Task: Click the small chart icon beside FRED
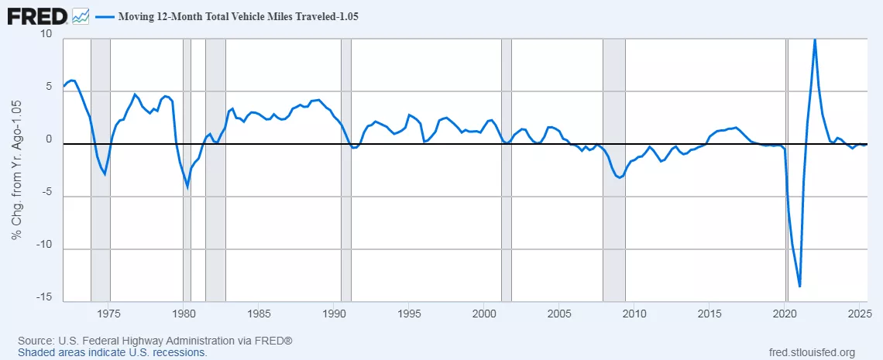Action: [80, 15]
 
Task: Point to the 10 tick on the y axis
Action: [46, 35]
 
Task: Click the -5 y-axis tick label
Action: [46, 193]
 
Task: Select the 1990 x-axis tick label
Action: [334, 314]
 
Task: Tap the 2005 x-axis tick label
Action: [559, 314]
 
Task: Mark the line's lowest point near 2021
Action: [799, 286]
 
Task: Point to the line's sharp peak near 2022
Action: [815, 39]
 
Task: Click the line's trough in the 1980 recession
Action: [187, 187]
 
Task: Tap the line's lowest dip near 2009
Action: [619, 177]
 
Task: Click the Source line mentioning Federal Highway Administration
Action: [155, 341]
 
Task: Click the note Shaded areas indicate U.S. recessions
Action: [112, 352]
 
